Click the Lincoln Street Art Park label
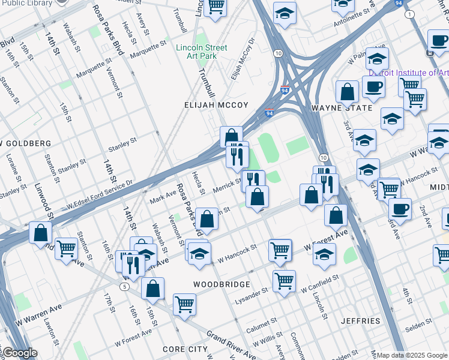pyautogui.click(x=202, y=52)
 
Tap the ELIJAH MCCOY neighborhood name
pyautogui.click(x=216, y=105)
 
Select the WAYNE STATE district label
pyautogui.click(x=334, y=108)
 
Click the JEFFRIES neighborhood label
pyautogui.click(x=361, y=321)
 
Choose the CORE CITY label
pyautogui.click(x=185, y=349)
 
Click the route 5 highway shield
pyautogui.click(x=124, y=287)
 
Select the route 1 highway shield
pyautogui.click(x=409, y=14)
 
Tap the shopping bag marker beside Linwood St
pyautogui.click(x=40, y=233)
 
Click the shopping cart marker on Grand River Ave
pyautogui.click(x=184, y=304)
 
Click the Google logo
pyautogui.click(x=19, y=353)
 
